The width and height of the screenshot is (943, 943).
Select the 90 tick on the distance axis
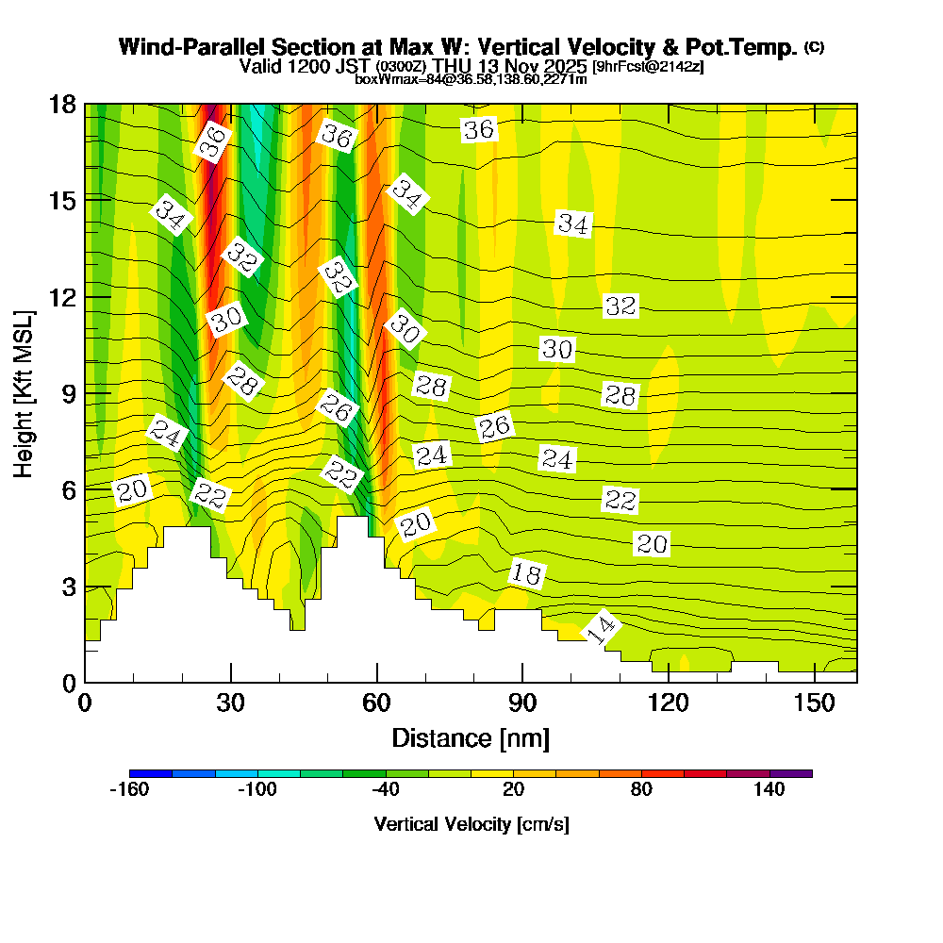(522, 703)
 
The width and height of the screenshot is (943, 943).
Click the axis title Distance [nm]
(471, 737)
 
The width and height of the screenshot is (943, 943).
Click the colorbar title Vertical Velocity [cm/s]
(471, 824)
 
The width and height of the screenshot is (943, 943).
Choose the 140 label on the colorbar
(769, 790)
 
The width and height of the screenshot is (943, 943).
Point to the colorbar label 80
(642, 790)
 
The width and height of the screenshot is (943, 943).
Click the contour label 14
(602, 628)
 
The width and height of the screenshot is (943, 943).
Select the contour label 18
(528, 572)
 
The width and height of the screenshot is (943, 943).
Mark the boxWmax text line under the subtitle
(471, 79)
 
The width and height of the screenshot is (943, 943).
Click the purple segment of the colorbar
(791, 773)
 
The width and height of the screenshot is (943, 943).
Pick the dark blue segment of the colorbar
(151, 773)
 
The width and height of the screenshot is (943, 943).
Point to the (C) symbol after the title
(813, 47)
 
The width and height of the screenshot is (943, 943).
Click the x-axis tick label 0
(85, 703)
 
